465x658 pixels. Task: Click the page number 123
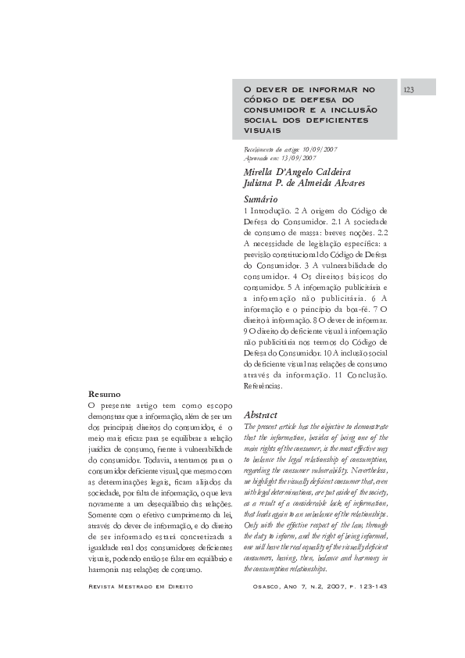409,90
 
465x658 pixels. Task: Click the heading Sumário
261,200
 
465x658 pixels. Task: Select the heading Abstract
261,414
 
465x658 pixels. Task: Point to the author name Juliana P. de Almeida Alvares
304,184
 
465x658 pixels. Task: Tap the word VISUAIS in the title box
263,130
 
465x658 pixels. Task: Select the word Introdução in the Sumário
270,211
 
